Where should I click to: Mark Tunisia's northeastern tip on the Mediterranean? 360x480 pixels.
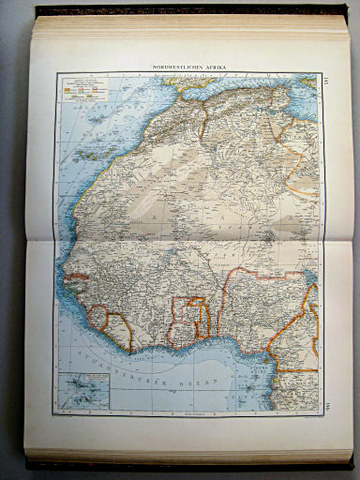click(308, 87)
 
